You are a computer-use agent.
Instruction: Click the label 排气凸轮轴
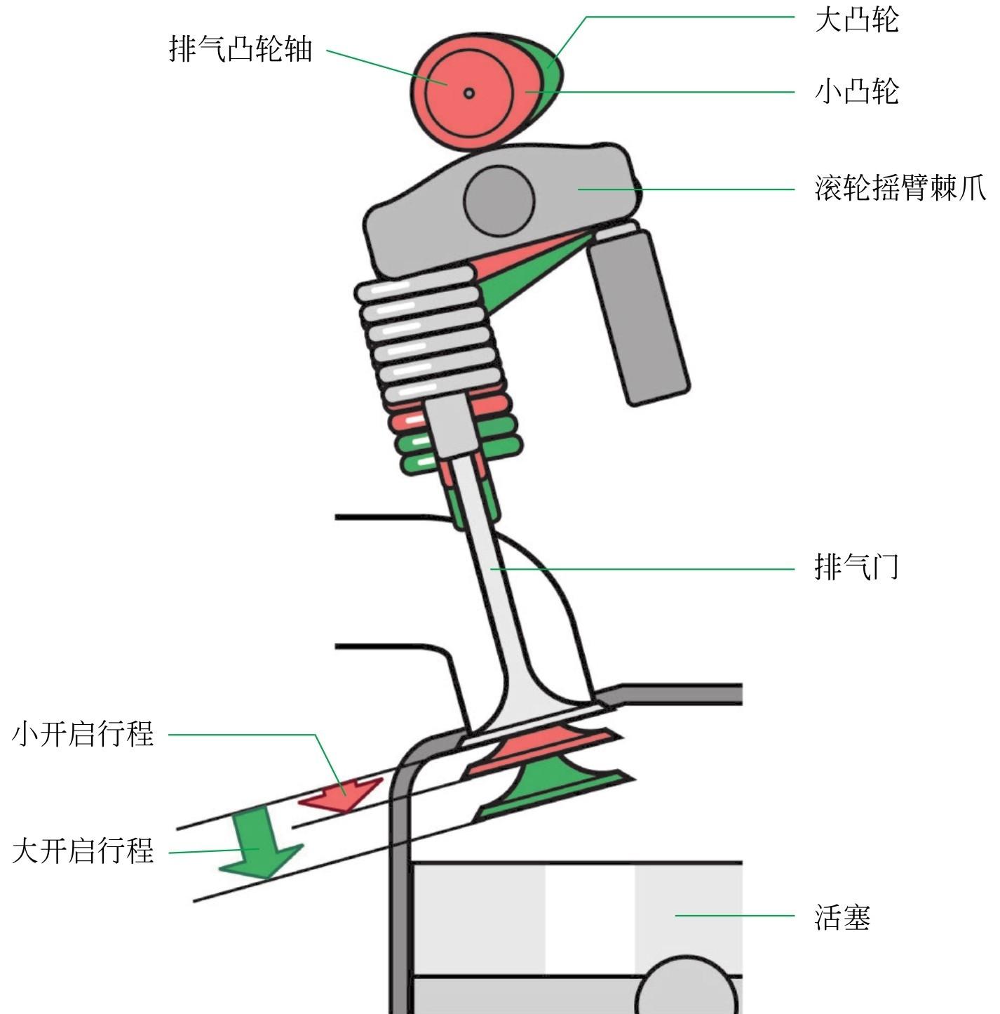click(241, 49)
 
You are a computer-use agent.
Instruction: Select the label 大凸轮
click(856, 19)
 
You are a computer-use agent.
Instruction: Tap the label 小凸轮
click(856, 91)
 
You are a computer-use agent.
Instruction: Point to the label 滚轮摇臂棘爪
click(900, 188)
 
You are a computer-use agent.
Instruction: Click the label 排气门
click(856, 567)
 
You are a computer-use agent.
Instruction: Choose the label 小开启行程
click(83, 734)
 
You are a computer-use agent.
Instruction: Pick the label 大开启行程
click(83, 850)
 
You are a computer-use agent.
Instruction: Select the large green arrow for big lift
click(259, 846)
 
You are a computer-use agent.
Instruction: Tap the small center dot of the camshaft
click(469, 93)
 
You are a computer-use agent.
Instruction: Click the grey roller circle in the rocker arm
click(499, 201)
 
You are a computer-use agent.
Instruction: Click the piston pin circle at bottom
click(686, 989)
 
